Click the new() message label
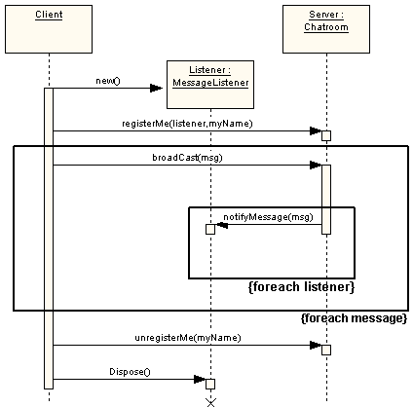(108, 80)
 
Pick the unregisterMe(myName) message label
(187, 337)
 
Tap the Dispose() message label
(131, 371)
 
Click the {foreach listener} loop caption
(301, 287)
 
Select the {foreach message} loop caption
(354, 318)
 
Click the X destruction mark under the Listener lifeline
(210, 400)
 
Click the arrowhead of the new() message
(156, 89)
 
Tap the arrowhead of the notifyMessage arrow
(221, 225)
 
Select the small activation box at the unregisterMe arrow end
(326, 350)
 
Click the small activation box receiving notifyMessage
(210, 229)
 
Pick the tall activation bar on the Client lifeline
(48, 239)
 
